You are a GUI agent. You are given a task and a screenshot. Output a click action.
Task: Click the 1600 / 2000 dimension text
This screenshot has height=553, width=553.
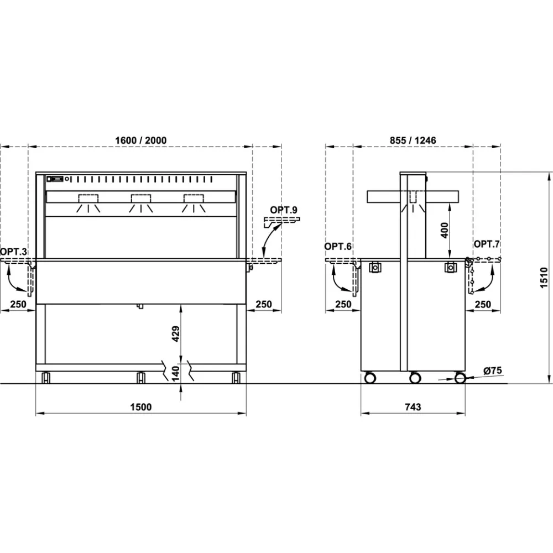[x=140, y=140]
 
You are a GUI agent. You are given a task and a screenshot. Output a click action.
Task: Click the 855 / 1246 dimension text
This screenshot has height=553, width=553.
[x=413, y=140]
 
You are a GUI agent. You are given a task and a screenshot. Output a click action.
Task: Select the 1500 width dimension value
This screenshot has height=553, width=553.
[x=140, y=407]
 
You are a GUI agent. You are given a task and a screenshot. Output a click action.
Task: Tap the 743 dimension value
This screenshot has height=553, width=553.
[x=413, y=407]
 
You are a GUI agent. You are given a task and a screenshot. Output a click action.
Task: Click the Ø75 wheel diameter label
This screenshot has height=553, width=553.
[x=492, y=371]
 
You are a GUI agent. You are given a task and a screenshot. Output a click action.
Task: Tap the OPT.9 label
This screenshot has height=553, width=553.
[x=284, y=210]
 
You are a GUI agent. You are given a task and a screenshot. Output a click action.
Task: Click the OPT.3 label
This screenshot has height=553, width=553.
[x=14, y=252]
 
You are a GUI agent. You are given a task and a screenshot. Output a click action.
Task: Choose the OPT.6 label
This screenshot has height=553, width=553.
[x=338, y=246]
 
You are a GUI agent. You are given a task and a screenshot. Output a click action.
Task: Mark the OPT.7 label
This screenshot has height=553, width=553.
[x=487, y=244]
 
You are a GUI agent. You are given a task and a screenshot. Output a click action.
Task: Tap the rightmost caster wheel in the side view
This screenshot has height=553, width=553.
[x=460, y=378]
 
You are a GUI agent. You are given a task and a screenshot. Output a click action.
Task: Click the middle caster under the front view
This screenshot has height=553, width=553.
[x=140, y=378]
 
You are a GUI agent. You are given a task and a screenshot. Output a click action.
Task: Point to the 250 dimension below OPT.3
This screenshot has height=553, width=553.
[x=19, y=304]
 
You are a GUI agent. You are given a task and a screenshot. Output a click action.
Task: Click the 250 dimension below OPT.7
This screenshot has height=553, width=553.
[x=483, y=304]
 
